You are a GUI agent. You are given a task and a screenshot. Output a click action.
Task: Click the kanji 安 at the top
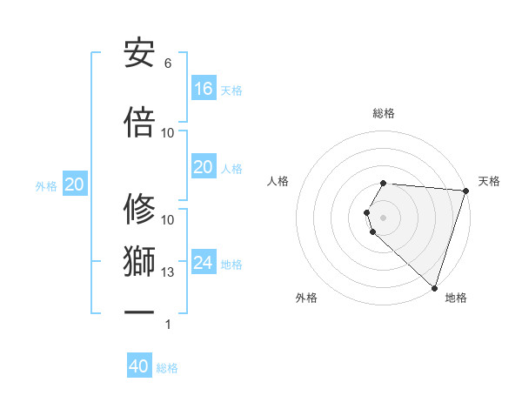[x=139, y=53]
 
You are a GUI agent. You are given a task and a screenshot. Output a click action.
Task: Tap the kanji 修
[x=139, y=210]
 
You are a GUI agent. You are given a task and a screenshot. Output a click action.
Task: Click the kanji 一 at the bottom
[x=139, y=312]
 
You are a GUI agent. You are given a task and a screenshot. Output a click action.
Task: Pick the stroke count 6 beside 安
[x=168, y=64]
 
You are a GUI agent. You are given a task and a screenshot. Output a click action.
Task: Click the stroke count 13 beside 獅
[x=168, y=272]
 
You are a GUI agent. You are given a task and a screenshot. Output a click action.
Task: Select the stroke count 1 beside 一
[x=168, y=325]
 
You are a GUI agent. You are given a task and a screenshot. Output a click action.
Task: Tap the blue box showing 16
[x=204, y=88]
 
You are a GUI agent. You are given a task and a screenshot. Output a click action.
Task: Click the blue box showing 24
[x=204, y=262]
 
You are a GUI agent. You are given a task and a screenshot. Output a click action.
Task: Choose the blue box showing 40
[x=139, y=366]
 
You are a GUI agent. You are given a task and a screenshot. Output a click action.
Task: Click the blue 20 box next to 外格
[x=75, y=184]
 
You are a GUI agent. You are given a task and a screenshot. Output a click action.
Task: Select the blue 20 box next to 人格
[x=204, y=167]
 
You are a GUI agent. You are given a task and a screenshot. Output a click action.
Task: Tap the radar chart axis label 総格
[x=384, y=113]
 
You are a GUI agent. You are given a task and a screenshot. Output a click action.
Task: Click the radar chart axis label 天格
[x=489, y=181]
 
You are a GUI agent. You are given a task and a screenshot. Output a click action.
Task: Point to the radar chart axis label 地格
[x=456, y=298]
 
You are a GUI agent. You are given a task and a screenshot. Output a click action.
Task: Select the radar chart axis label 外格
[x=306, y=298]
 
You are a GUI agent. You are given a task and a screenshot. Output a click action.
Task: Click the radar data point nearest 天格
[x=465, y=191]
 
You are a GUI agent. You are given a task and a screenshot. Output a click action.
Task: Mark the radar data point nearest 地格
[x=434, y=287]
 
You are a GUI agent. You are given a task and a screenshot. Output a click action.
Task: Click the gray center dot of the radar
[x=384, y=217]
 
